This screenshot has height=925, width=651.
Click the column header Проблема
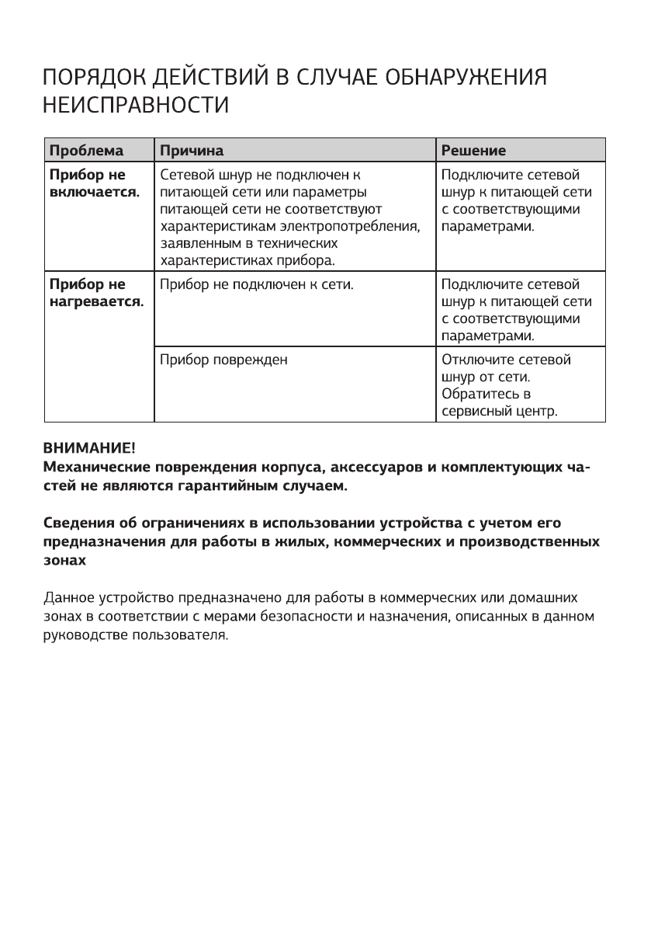86,149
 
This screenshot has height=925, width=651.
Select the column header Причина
192,149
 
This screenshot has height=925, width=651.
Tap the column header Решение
473,149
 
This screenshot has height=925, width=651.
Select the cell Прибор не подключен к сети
257,284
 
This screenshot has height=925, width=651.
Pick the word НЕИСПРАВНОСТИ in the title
136,105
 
